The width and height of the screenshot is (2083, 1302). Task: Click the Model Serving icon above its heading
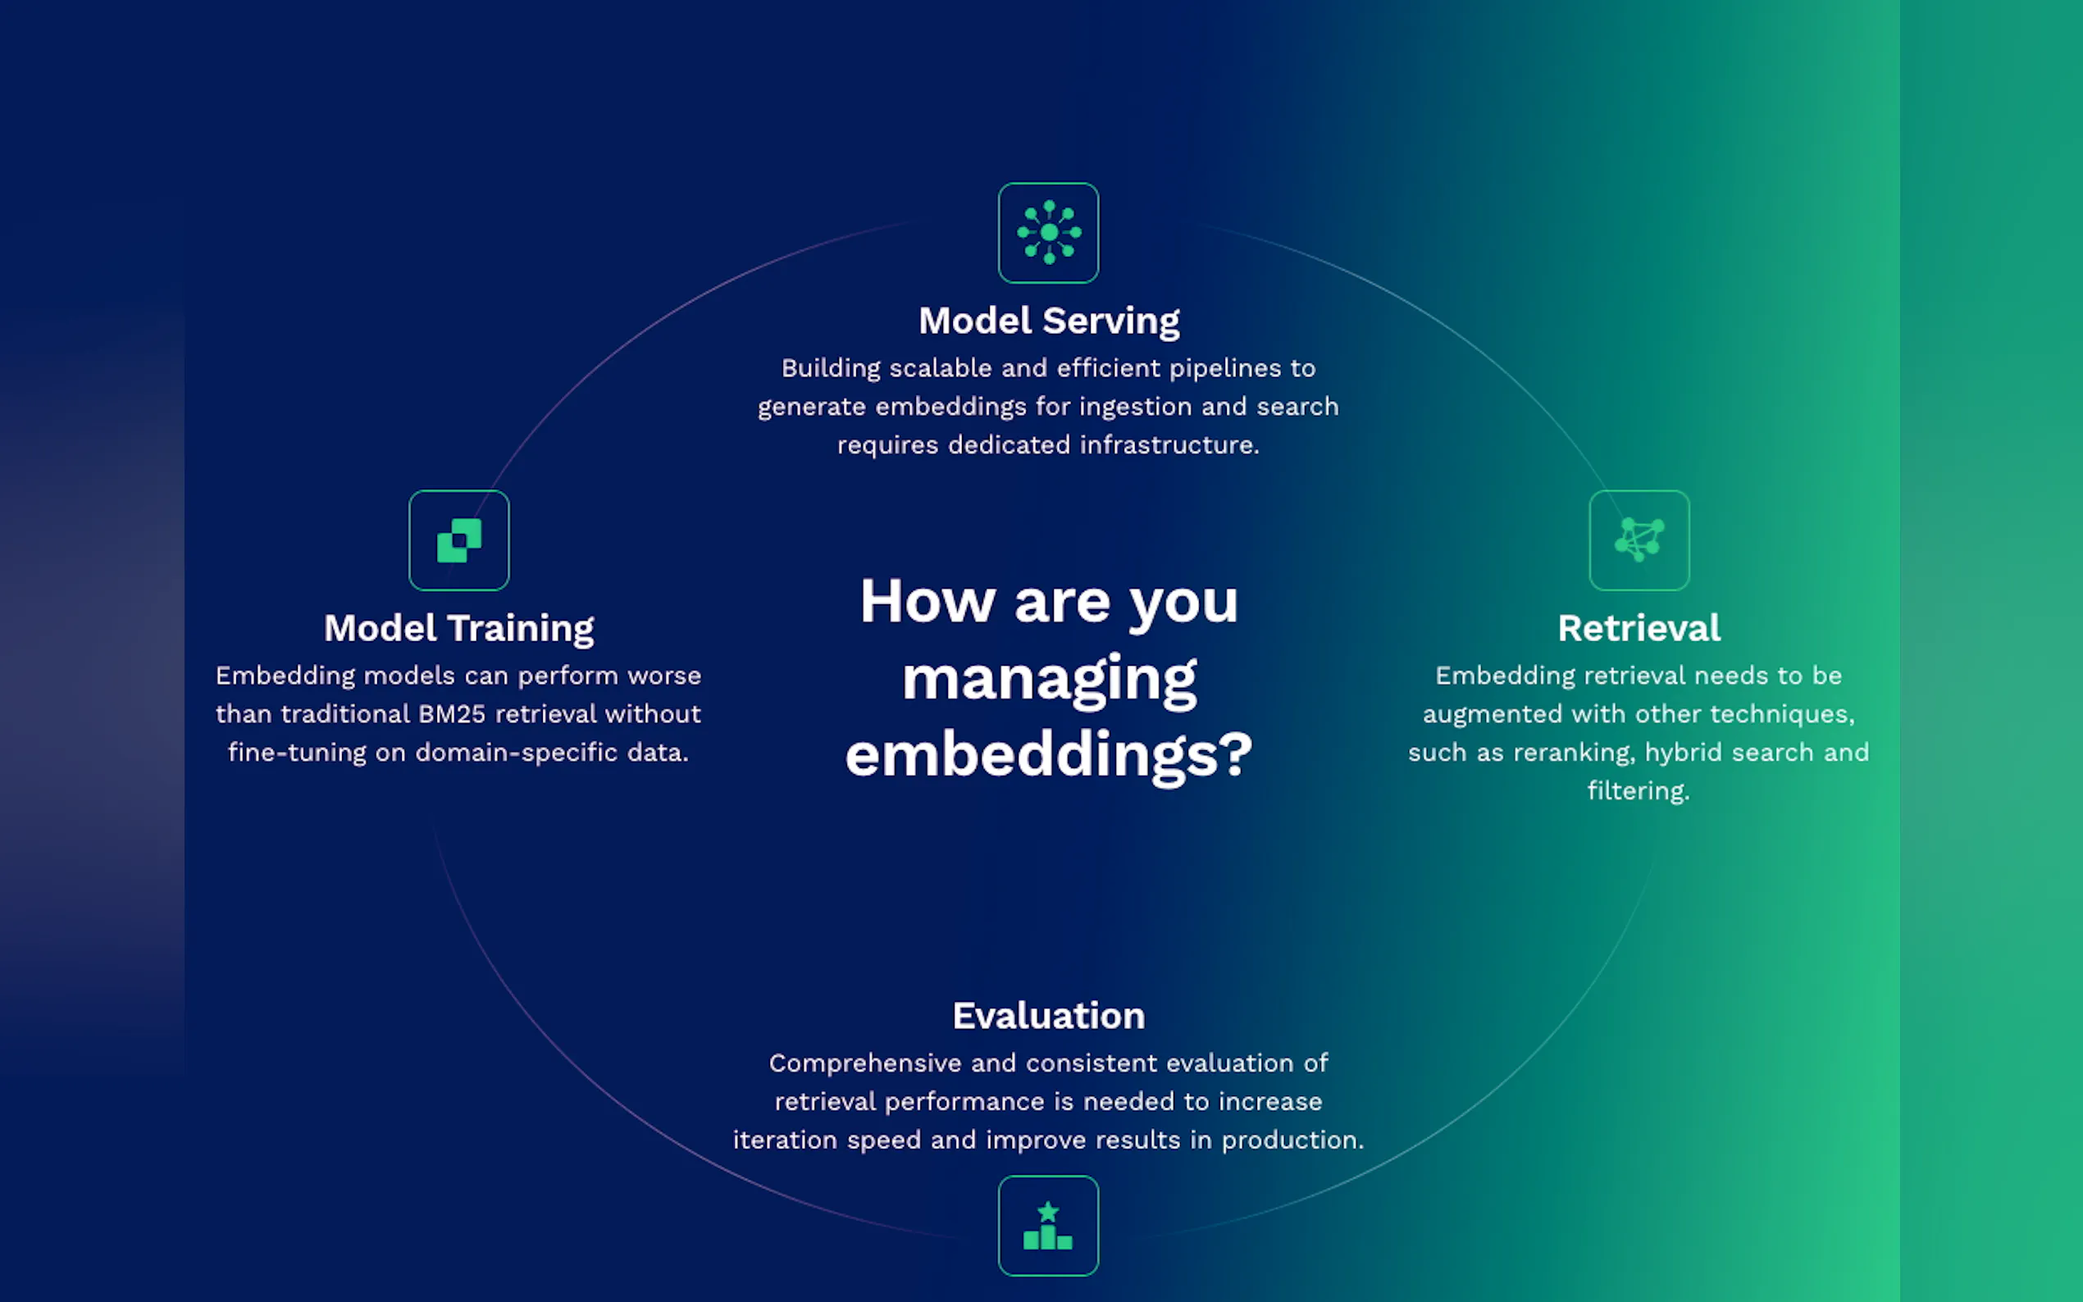[x=1048, y=233]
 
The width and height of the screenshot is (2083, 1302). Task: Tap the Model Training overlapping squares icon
[x=459, y=540]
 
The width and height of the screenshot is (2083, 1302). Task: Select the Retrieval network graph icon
[x=1639, y=540]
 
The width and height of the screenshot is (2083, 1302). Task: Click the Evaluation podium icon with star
[x=1048, y=1226]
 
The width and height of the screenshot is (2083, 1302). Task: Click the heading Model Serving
[x=1049, y=321]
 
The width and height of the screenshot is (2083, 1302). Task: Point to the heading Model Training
[x=459, y=629]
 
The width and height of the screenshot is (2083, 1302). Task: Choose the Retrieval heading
[x=1639, y=628]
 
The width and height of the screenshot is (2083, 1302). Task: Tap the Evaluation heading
[x=1049, y=1016]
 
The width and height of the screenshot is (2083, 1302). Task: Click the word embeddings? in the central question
[x=1049, y=755]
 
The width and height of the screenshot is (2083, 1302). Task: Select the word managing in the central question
[x=1049, y=681]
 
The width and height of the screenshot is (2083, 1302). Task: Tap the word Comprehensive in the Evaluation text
[x=865, y=1064]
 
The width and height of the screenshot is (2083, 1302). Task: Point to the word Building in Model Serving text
[x=831, y=369]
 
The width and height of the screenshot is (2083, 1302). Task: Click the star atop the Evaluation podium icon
[x=1048, y=1212]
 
